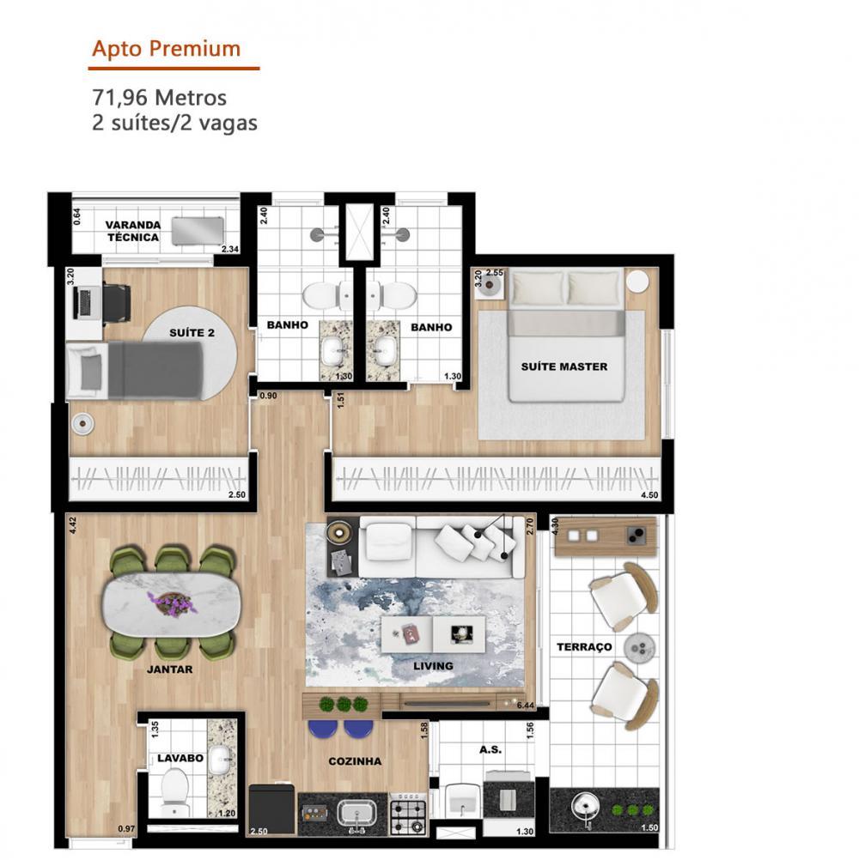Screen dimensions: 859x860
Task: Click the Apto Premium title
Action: (x=167, y=49)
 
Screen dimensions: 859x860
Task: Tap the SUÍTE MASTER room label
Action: (x=564, y=366)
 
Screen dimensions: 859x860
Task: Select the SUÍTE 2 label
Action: (x=192, y=333)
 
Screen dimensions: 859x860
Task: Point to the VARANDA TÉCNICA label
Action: (x=133, y=231)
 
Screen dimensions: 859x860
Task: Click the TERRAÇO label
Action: (x=584, y=647)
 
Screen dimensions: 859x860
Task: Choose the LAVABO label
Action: (x=180, y=758)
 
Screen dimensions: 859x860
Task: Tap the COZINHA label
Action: (x=355, y=761)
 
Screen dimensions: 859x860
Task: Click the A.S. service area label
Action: (x=490, y=749)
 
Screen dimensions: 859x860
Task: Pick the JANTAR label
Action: (x=169, y=669)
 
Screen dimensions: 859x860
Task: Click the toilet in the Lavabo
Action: (x=175, y=793)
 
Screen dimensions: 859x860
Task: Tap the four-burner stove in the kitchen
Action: (x=408, y=814)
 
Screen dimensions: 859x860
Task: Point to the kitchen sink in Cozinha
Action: (x=356, y=813)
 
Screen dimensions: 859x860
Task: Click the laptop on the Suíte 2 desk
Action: (x=84, y=301)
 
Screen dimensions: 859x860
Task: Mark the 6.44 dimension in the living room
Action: (x=526, y=706)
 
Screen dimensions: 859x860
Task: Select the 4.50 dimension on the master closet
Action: (x=649, y=494)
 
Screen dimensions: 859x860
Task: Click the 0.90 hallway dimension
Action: (x=268, y=396)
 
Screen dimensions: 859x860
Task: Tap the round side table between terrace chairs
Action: (x=639, y=648)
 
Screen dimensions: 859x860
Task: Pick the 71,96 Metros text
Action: (x=159, y=98)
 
